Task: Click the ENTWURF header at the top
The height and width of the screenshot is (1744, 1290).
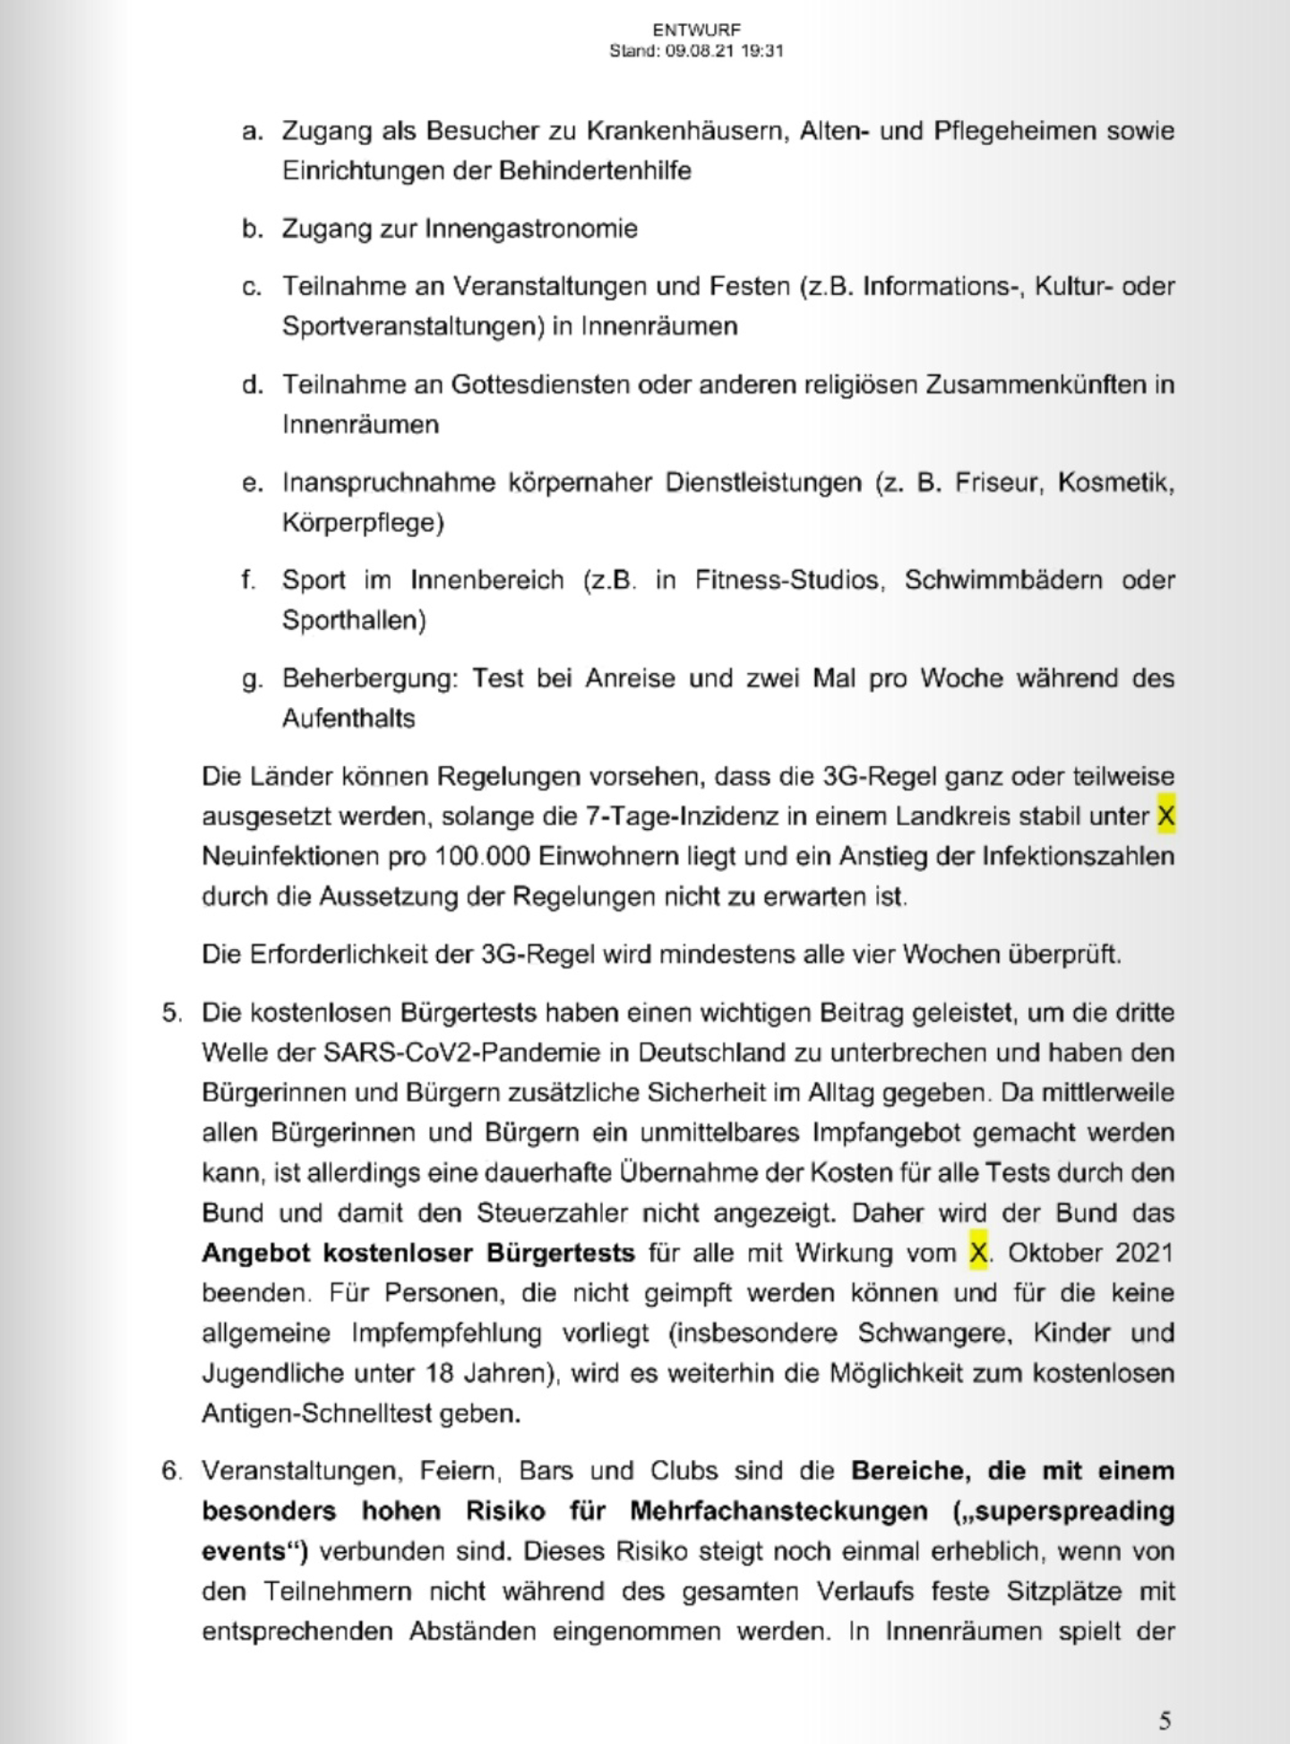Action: point(696,30)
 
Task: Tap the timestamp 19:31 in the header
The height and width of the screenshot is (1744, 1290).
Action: point(763,51)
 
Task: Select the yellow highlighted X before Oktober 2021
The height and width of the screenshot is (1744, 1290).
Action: point(978,1252)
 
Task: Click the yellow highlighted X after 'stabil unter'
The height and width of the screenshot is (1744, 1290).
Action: point(1165,816)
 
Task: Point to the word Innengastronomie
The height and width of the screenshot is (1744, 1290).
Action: point(530,229)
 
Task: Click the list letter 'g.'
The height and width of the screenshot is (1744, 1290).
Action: point(252,678)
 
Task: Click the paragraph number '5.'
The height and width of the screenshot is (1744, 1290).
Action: point(172,1013)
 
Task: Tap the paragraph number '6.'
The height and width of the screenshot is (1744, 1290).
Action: point(172,1471)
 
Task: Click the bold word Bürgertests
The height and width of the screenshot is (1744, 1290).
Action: point(561,1252)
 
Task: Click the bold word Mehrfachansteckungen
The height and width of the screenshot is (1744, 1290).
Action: point(778,1511)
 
